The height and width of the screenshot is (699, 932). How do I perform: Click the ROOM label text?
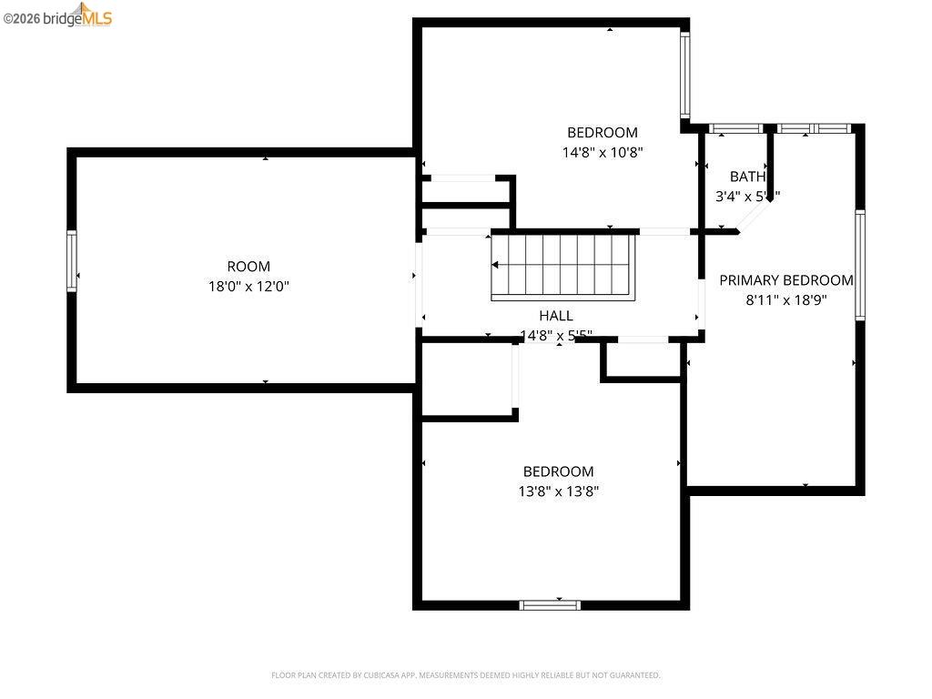pyautogui.click(x=248, y=266)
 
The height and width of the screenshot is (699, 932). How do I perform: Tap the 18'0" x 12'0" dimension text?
pyautogui.click(x=248, y=286)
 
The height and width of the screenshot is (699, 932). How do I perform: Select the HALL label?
pyautogui.click(x=556, y=315)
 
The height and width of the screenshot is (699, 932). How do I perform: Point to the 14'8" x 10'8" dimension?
pyautogui.click(x=603, y=153)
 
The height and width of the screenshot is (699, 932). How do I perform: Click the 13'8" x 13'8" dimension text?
pyautogui.click(x=558, y=491)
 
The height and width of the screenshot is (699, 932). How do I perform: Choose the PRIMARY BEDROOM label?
pyautogui.click(x=786, y=280)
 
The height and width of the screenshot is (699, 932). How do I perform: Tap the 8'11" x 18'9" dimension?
pyautogui.click(x=786, y=299)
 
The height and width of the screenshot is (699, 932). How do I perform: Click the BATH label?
pyautogui.click(x=747, y=177)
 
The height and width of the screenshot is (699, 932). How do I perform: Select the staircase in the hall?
pyautogui.click(x=562, y=266)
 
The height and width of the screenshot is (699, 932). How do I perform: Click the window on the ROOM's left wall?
pyautogui.click(x=72, y=261)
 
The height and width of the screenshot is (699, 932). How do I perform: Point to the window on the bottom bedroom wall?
pyautogui.click(x=550, y=603)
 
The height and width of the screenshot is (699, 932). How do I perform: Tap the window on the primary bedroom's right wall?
pyautogui.click(x=859, y=265)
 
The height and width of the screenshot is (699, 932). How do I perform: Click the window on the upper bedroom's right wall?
pyautogui.click(x=684, y=76)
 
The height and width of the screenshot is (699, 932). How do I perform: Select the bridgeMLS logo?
pyautogui.click(x=58, y=15)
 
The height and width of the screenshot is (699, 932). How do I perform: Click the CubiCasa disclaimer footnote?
pyautogui.click(x=465, y=675)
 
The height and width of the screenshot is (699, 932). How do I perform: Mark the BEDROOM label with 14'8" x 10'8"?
pyautogui.click(x=603, y=132)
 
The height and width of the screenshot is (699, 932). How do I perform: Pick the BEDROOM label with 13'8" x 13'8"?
pyautogui.click(x=558, y=471)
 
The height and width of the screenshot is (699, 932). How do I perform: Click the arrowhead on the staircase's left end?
pyautogui.click(x=496, y=266)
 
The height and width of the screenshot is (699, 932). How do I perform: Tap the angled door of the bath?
pyautogui.click(x=754, y=217)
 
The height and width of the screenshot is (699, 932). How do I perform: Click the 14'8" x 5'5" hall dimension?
pyautogui.click(x=556, y=335)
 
